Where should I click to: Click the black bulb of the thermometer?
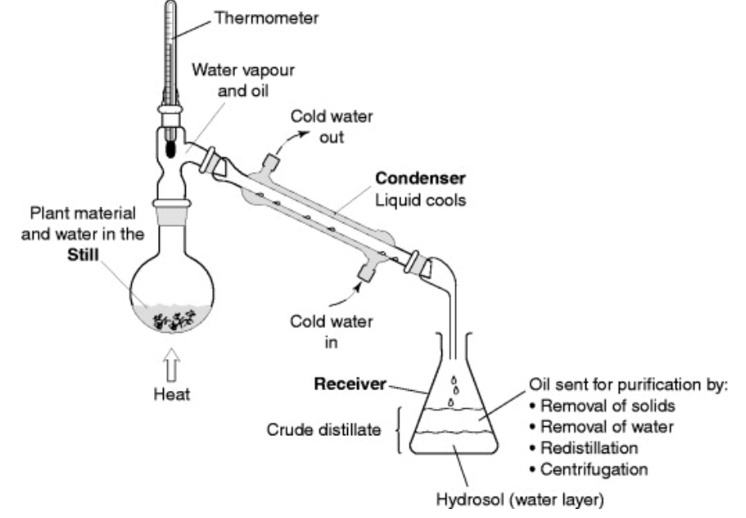click(x=171, y=149)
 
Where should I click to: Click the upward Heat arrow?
click(x=170, y=361)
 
